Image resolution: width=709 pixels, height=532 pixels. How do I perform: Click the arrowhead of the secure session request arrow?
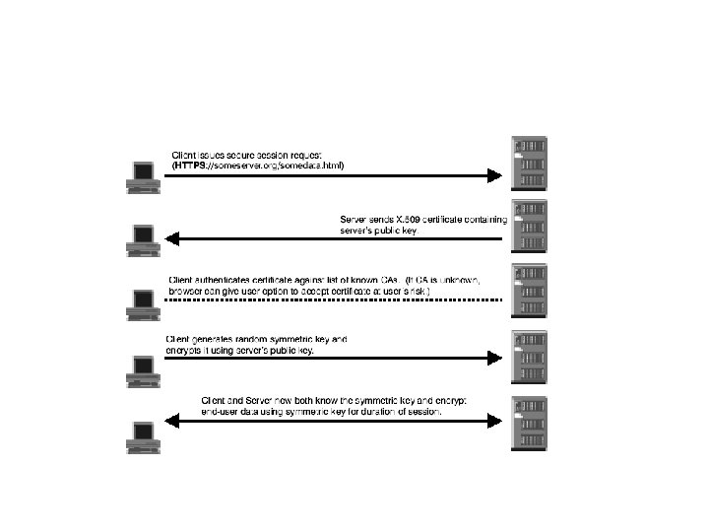click(x=495, y=176)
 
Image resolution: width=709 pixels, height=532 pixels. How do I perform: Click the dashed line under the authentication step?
click(x=335, y=299)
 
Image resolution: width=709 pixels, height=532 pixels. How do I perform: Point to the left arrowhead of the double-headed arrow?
click(x=171, y=421)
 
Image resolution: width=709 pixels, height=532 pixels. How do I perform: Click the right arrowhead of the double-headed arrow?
click(x=495, y=421)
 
